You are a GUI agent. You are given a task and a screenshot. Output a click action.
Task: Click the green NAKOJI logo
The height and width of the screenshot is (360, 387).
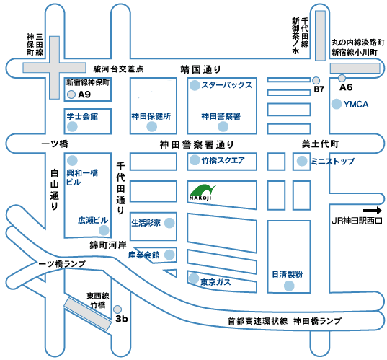pos(203,192)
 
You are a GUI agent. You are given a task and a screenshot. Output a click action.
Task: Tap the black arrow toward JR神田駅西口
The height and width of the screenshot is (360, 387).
pos(372,211)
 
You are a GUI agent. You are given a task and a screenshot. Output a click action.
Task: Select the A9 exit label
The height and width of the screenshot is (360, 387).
pos(84,95)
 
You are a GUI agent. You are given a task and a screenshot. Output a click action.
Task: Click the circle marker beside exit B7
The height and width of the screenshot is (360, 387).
pos(316,80)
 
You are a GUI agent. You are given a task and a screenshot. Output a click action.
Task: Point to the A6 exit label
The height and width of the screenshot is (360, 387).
pos(346,87)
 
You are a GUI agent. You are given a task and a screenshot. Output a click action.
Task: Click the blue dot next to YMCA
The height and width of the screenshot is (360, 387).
pos(337,104)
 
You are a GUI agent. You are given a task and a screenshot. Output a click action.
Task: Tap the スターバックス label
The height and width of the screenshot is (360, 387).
pos(227,85)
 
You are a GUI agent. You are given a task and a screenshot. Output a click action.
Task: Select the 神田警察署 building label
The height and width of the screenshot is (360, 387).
pos(221,116)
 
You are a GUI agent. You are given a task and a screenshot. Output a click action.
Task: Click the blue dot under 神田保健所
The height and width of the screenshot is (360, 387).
pos(152,127)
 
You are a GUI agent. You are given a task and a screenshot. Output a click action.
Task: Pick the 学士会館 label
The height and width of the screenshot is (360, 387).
pos(82,116)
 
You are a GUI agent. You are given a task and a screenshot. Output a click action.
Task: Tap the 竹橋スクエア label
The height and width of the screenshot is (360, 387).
pos(223,160)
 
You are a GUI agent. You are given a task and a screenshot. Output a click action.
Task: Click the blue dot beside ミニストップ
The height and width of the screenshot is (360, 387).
pos(302,161)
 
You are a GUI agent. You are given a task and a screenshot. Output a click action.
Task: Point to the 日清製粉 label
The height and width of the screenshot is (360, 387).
pos(288,274)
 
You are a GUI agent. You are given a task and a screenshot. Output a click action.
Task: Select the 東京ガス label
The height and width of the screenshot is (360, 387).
pos(215,282)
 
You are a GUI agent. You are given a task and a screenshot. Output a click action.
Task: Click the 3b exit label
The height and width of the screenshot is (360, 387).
pos(122,319)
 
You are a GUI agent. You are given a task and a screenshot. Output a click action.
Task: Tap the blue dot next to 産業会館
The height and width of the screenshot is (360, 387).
pos(169,255)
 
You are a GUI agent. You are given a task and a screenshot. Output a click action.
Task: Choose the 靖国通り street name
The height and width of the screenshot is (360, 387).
pos(200,69)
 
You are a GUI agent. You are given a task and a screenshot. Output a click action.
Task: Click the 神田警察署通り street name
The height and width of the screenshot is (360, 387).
pos(197,144)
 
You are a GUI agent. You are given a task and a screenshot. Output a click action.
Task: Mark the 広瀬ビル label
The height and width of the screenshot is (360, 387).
pos(93,220)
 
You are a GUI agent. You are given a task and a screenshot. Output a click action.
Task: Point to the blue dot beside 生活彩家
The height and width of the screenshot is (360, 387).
pos(169,223)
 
